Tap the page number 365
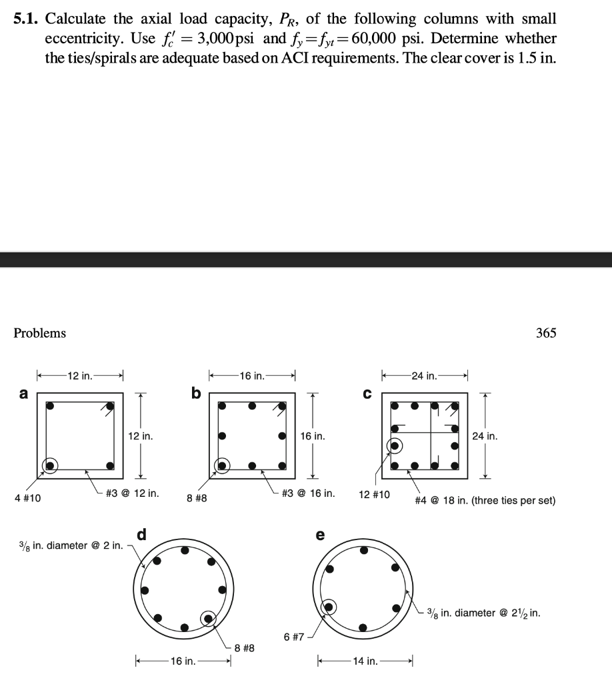(x=545, y=333)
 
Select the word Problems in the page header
(x=40, y=333)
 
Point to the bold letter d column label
(x=141, y=534)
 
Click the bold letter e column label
(x=320, y=535)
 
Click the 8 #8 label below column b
(x=196, y=498)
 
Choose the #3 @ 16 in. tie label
(x=309, y=494)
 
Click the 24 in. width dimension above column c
(x=425, y=376)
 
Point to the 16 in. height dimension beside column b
(x=313, y=436)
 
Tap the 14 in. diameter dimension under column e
(x=366, y=661)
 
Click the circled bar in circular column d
(x=209, y=619)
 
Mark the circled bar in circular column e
(x=329, y=607)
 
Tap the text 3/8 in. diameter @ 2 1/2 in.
(x=483, y=613)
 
